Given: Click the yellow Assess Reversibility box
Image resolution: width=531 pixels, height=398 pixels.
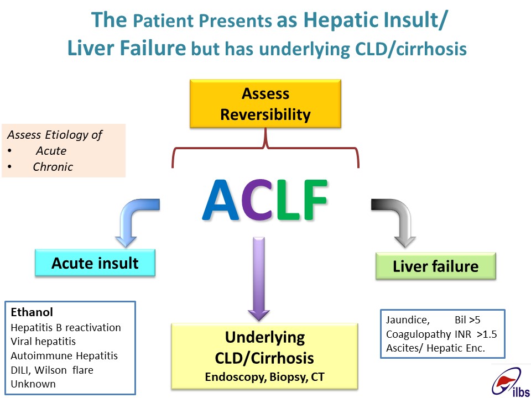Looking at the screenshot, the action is coord(265,103).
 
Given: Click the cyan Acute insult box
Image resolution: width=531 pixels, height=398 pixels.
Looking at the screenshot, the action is coord(95,263).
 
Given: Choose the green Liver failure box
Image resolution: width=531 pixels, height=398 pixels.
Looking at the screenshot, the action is coord(436,266).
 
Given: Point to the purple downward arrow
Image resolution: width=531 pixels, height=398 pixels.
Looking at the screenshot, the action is coord(259,279).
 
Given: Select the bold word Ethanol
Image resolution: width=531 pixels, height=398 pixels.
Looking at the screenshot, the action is coord(32,312).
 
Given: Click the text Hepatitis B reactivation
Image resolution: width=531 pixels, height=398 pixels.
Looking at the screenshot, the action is coord(66,328).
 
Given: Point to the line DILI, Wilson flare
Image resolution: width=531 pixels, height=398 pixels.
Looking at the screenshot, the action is coord(52,370).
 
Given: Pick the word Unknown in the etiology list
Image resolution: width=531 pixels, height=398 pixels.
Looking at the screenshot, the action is coord(33,384).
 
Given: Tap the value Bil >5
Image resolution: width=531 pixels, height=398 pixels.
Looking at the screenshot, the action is coord(467,320).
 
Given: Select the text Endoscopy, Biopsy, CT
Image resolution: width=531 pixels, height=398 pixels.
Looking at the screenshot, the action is coord(264,377).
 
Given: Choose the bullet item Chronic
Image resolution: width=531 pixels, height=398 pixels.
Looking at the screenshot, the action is coord(53,167).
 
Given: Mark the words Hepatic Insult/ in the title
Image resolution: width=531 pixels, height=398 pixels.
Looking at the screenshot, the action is coord(375,20).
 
